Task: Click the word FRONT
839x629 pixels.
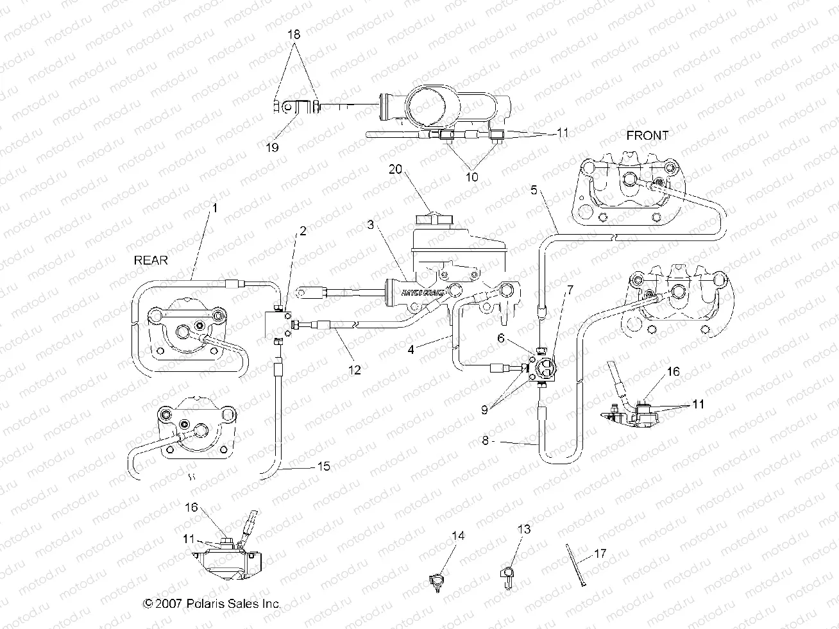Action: click(x=647, y=135)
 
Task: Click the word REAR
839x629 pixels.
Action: click(x=151, y=260)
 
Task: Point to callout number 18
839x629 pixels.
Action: click(x=294, y=34)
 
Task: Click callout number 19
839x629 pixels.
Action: click(x=273, y=147)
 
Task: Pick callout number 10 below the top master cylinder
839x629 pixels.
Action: click(x=471, y=177)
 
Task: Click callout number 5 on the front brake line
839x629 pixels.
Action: click(x=534, y=190)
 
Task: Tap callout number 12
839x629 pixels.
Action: click(x=355, y=369)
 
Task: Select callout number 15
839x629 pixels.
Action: click(x=324, y=466)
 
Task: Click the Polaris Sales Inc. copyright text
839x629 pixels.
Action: click(x=212, y=603)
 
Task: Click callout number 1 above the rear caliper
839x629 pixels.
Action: click(x=216, y=208)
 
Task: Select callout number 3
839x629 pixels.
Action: click(x=371, y=225)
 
